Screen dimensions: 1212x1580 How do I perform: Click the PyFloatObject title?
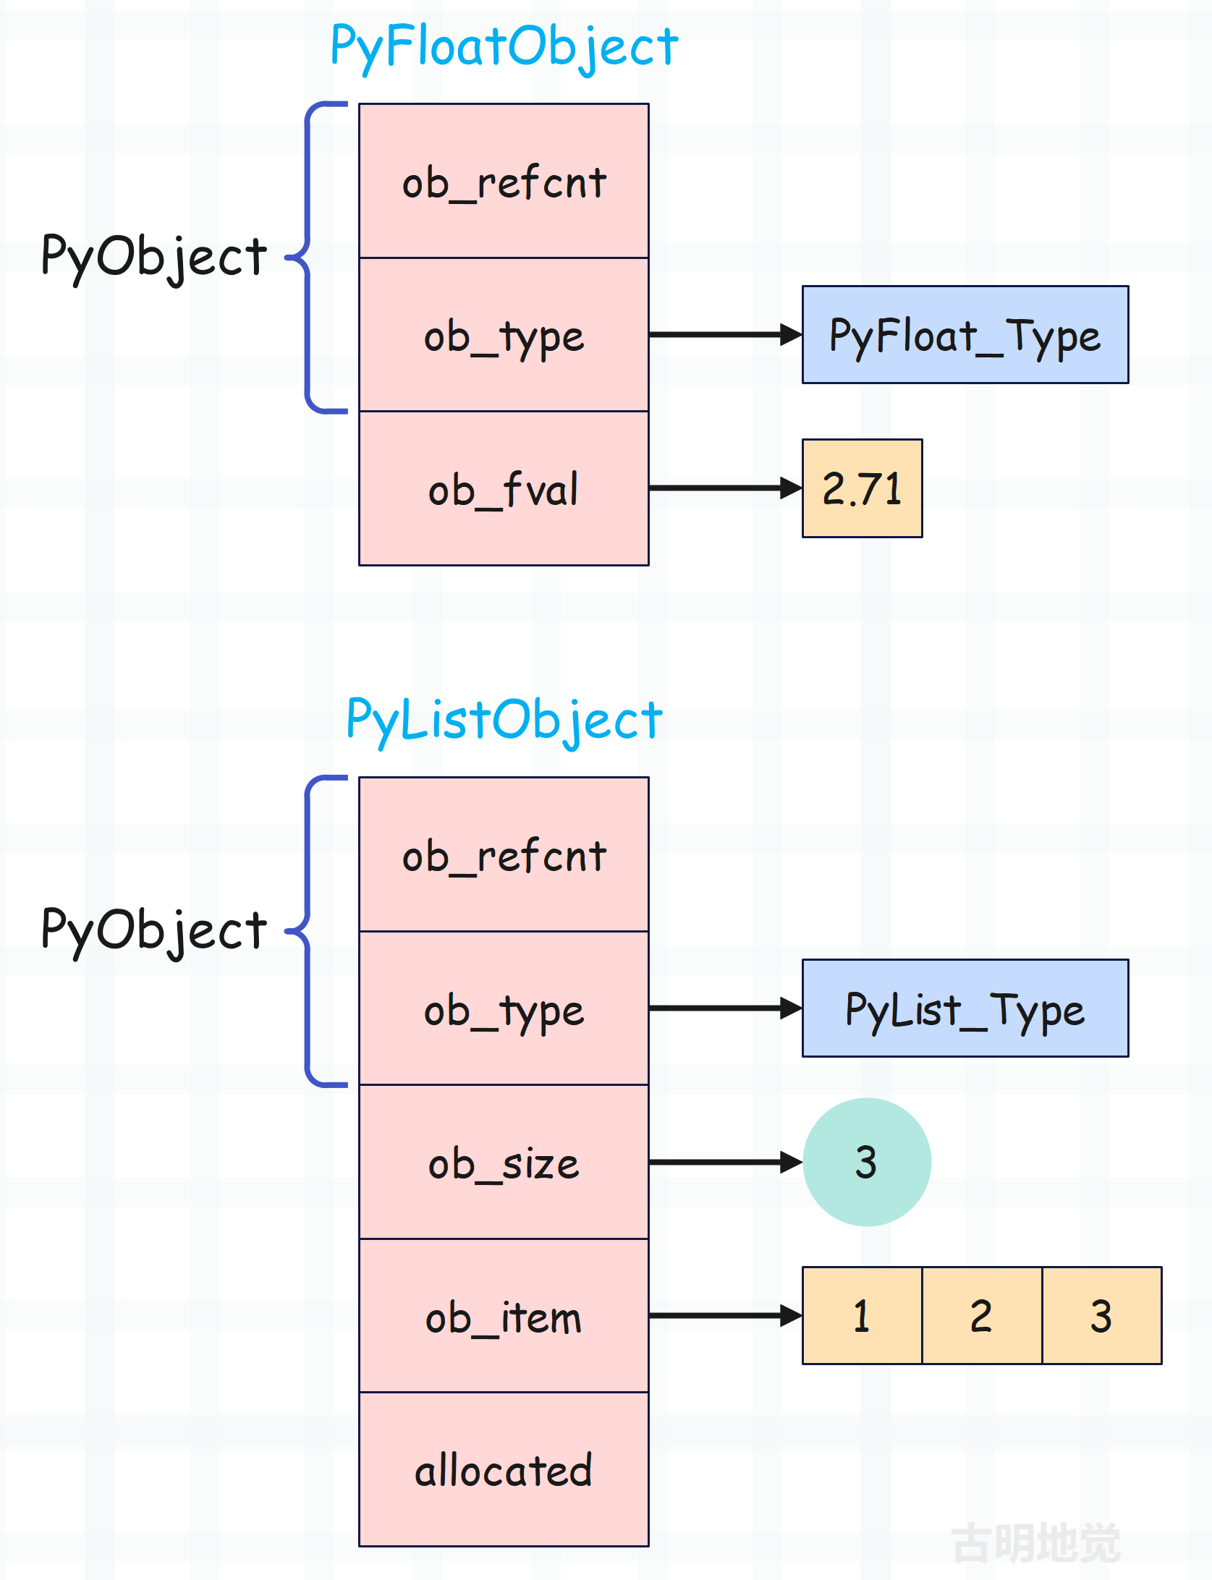(504, 46)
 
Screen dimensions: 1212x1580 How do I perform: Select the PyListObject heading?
(504, 721)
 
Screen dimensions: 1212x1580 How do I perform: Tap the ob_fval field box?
(504, 488)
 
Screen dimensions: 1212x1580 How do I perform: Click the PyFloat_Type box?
(965, 335)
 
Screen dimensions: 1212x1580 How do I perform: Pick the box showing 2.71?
(863, 488)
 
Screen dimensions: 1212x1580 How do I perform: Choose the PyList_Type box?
(965, 1008)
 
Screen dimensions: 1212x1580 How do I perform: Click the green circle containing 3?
(867, 1163)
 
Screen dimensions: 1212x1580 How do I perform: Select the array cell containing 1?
(863, 1316)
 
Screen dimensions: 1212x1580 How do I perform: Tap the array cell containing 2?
(982, 1316)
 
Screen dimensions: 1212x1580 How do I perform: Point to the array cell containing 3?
(1102, 1316)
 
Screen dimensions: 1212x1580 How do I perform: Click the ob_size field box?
(504, 1163)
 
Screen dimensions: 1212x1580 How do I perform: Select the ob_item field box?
(504, 1316)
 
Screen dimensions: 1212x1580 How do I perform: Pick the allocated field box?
(504, 1469)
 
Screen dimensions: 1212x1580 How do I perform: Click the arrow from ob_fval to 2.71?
(726, 488)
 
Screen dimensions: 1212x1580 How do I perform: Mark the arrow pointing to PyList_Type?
(726, 1008)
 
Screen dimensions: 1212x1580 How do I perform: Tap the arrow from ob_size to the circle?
(726, 1163)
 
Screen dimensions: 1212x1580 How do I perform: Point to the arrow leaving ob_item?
(726, 1316)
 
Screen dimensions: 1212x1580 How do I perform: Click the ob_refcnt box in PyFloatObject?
(504, 181)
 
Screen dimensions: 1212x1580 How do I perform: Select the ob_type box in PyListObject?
(504, 1008)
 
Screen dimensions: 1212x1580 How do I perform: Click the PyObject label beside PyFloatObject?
(154, 258)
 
